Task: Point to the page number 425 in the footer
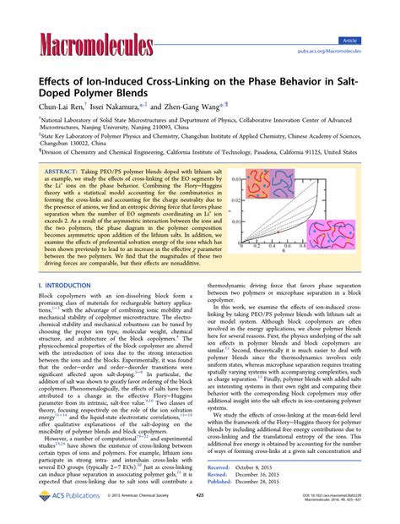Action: tap(199, 509)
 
